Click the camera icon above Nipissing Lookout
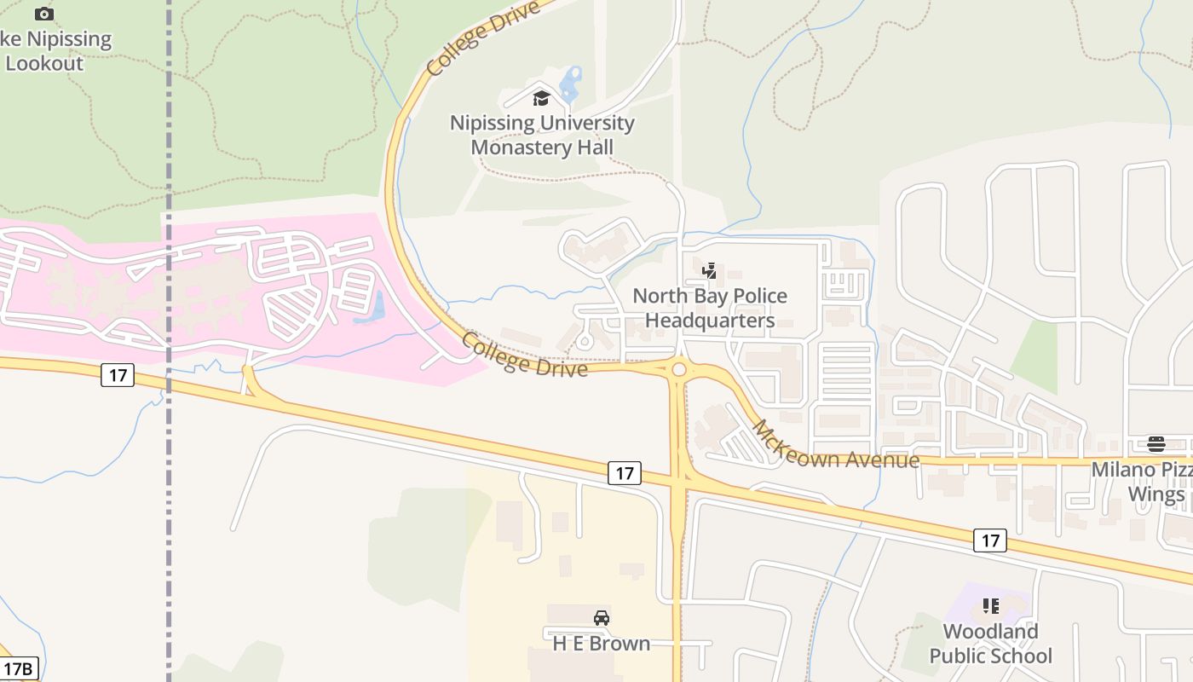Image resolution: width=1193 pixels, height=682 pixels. [x=44, y=14]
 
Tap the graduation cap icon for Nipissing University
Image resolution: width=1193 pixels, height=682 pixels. [x=541, y=99]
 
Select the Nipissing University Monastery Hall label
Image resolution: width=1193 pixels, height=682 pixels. [x=542, y=135]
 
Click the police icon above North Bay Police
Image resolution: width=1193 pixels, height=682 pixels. [x=709, y=271]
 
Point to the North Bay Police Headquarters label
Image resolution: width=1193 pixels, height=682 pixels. [x=710, y=308]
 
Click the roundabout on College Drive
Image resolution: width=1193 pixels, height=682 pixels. [x=679, y=369]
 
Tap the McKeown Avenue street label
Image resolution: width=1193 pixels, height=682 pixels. [x=835, y=446]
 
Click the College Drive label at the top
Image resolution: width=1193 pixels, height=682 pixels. [x=482, y=38]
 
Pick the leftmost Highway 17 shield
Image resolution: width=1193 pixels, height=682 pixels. [x=118, y=374]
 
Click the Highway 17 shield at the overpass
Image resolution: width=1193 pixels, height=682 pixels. [x=625, y=473]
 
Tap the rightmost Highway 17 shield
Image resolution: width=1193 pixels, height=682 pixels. [x=989, y=540]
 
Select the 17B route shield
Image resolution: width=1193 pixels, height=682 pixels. [x=19, y=668]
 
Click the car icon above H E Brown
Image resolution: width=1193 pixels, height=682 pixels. [x=602, y=618]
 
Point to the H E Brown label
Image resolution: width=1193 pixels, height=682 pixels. [x=602, y=643]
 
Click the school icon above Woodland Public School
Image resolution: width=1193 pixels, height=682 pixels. [x=990, y=606]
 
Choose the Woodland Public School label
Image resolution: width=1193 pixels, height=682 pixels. [x=990, y=644]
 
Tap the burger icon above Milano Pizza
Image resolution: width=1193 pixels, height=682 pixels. [x=1156, y=444]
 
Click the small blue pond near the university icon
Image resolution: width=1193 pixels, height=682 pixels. [x=570, y=84]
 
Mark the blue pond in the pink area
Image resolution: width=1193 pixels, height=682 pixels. [x=376, y=308]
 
